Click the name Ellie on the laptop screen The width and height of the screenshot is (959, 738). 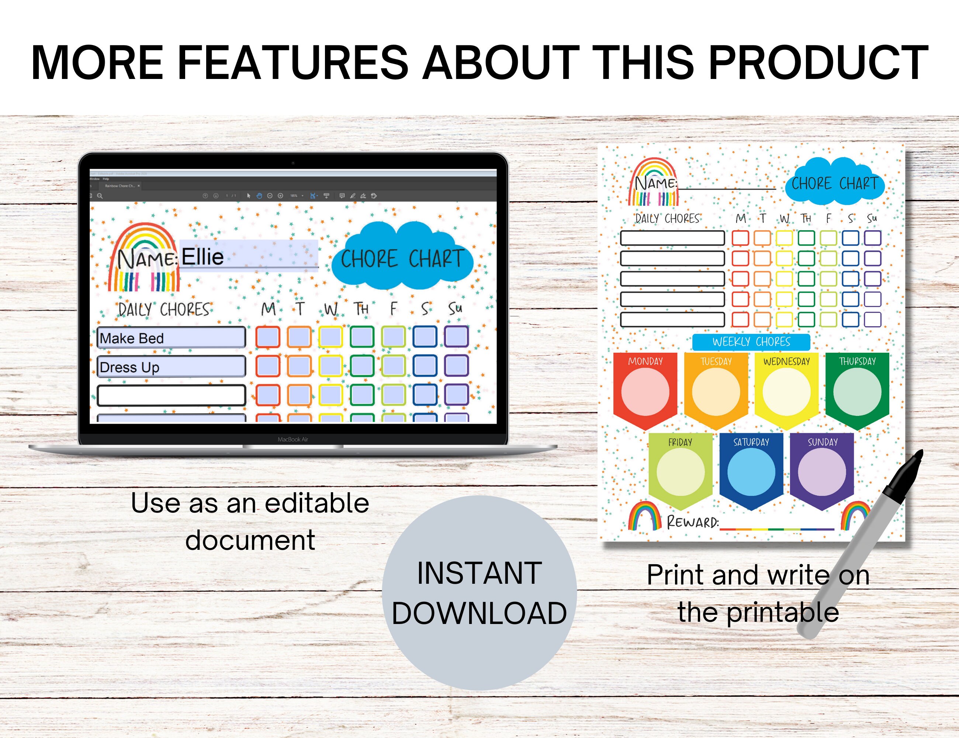(x=202, y=256)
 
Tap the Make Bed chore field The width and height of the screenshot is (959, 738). (x=171, y=338)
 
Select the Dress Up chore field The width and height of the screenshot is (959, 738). (x=171, y=367)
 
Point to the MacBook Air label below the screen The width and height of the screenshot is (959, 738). (x=293, y=439)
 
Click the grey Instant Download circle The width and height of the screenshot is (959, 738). (x=479, y=593)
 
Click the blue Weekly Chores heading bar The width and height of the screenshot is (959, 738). (x=751, y=342)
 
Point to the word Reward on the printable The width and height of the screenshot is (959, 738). (x=692, y=522)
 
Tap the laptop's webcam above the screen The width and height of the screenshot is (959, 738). (x=293, y=163)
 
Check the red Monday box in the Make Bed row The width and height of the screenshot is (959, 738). (x=268, y=337)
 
